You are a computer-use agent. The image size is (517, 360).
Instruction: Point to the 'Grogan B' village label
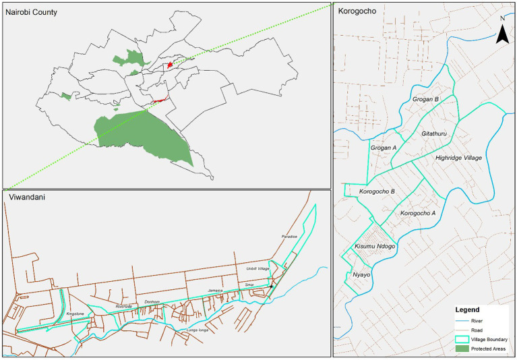tap(425, 100)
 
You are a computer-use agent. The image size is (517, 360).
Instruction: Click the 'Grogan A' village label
tap(384, 147)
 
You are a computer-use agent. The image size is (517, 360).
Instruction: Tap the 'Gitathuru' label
tap(435, 133)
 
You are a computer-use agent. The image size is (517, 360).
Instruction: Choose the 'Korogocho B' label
tap(377, 191)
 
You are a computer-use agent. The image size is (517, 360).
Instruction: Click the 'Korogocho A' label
tap(418, 213)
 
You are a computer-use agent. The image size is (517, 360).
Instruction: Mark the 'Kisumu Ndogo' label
tap(374, 247)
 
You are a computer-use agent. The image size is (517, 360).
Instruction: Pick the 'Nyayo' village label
tap(363, 275)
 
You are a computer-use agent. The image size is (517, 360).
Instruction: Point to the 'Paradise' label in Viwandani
tap(288, 237)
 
